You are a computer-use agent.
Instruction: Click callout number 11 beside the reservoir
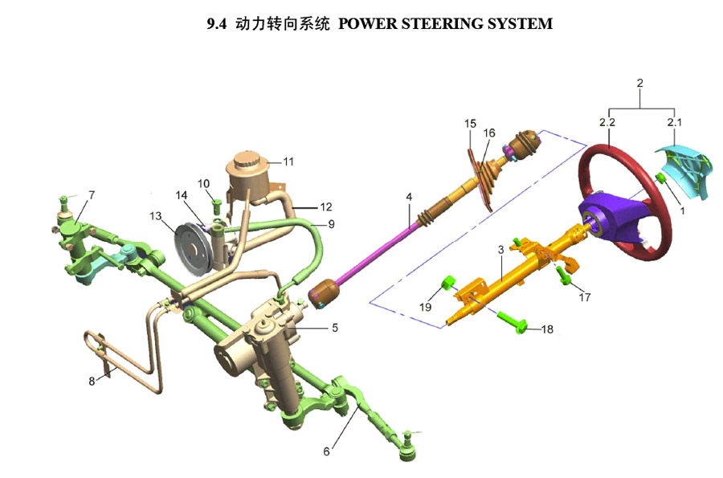(288, 161)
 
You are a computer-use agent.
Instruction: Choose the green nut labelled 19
(449, 283)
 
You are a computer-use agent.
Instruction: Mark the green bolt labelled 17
(566, 279)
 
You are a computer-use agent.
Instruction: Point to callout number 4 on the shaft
(408, 197)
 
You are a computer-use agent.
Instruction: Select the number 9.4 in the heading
(217, 24)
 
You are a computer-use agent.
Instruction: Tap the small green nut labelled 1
(660, 178)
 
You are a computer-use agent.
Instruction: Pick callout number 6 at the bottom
(326, 451)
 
